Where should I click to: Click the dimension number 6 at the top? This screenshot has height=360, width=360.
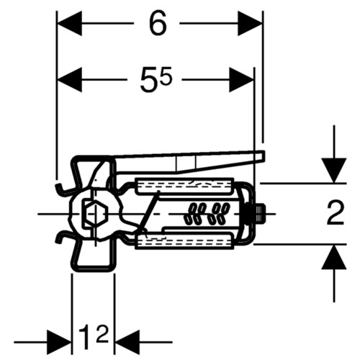(158, 23)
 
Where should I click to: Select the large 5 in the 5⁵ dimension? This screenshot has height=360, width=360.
(149, 80)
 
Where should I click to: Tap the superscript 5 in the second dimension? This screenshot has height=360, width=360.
(166, 75)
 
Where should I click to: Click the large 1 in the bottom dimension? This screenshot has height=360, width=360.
(86, 337)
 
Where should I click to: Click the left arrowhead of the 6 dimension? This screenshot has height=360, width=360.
(70, 23)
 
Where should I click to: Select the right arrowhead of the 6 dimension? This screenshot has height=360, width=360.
(250, 23)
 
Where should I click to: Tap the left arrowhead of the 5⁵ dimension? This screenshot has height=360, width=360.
(70, 80)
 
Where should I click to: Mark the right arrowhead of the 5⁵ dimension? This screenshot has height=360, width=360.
(241, 80)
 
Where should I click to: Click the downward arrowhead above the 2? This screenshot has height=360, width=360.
(334, 171)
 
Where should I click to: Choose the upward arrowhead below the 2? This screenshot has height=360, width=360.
(334, 257)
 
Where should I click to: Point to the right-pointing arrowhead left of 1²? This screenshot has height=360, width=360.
(59, 342)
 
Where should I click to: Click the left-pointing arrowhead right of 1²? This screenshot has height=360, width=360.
(127, 342)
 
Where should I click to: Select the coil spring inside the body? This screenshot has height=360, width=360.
(207, 214)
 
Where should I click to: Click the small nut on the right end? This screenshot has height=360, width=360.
(261, 212)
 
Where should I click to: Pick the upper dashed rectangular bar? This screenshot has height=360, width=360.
(184, 185)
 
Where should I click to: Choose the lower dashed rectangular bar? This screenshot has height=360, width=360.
(184, 242)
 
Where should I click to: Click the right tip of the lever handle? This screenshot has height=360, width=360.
(264, 156)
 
